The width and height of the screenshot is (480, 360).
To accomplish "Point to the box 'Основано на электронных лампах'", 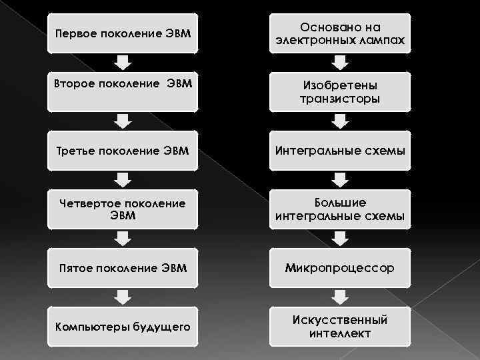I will [x=340, y=33].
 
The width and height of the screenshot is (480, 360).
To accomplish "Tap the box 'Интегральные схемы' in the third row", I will [x=340, y=150].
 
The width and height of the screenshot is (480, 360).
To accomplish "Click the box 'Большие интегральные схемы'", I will [x=340, y=209].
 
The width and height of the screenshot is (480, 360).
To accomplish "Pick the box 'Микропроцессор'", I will [x=340, y=267].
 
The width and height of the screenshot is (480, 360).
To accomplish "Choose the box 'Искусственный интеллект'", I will [x=340, y=326].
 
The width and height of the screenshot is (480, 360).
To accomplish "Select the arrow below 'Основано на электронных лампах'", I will [x=340, y=63].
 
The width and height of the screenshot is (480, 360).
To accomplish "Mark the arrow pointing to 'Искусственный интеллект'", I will [x=340, y=297].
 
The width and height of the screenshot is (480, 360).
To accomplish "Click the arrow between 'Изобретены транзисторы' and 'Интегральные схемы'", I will [x=340, y=121].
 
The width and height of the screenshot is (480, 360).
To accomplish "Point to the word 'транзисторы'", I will [x=340, y=99].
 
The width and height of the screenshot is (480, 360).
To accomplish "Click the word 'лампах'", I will [x=382, y=41].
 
